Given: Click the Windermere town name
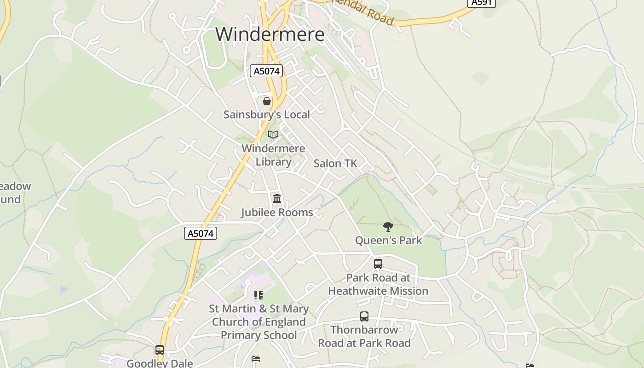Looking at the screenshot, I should [270, 34].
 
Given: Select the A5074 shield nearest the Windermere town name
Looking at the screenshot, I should [266, 71].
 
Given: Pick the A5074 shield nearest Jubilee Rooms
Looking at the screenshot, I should [201, 233].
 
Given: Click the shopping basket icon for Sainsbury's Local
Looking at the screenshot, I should [267, 101].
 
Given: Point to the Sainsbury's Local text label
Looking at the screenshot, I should [267, 115].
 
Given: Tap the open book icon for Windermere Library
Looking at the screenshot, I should [273, 135].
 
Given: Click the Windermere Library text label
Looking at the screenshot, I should [273, 155].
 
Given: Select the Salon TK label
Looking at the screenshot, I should [335, 163].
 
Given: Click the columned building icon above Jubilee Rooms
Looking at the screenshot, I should [277, 199].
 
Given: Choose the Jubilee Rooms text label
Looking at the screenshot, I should [277, 213].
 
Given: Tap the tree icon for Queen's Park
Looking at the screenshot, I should [388, 226].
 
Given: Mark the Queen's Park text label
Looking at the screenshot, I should [388, 240].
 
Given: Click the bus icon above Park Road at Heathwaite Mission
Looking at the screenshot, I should [378, 264].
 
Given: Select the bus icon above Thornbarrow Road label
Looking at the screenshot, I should [364, 316].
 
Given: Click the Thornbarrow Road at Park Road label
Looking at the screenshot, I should [364, 337].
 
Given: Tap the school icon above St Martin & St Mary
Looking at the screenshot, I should [259, 295].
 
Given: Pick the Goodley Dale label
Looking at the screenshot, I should [160, 363].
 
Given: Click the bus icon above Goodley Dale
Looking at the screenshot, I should [160, 350].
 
